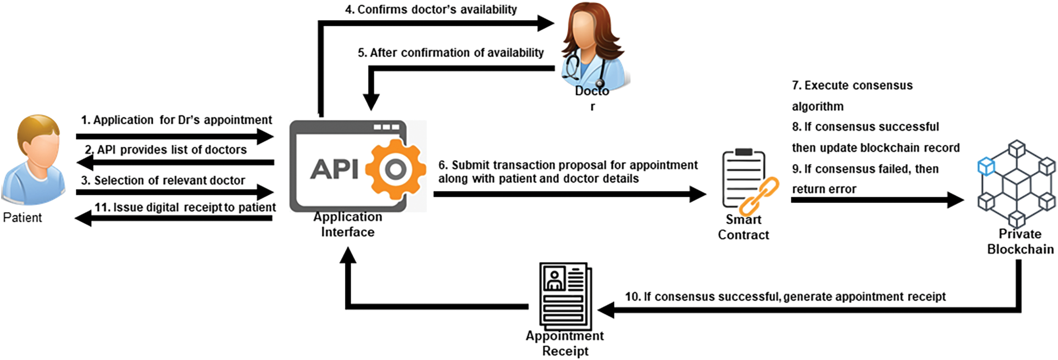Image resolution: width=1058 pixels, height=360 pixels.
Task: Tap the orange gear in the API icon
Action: (x=395, y=169)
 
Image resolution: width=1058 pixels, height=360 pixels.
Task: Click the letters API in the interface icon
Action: (x=334, y=169)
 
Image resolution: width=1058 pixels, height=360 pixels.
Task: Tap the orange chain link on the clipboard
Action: (x=760, y=196)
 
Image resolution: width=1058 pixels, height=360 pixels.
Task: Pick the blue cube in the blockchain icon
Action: (x=986, y=166)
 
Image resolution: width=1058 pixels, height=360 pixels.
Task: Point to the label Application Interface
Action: (x=347, y=224)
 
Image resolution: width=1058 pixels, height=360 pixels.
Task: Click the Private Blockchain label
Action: (x=1020, y=242)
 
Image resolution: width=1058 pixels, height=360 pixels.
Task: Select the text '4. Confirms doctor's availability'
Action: (x=431, y=9)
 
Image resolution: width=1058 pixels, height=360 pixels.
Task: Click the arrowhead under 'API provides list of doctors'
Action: (x=84, y=162)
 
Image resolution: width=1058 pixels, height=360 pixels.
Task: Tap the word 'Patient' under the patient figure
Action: (x=22, y=218)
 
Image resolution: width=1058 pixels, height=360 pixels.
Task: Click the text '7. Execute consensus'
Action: (x=852, y=86)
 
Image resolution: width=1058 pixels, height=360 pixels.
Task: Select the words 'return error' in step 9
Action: (x=824, y=190)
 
